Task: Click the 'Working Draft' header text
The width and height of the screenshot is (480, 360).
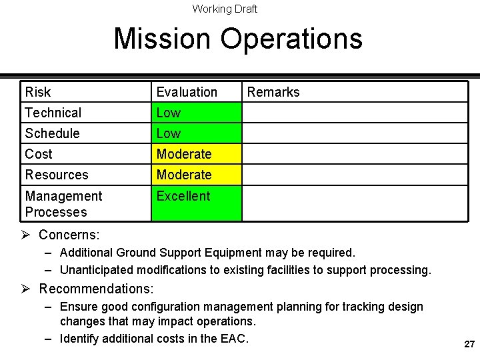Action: [x=225, y=9]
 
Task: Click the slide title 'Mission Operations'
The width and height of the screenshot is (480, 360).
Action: [x=238, y=38]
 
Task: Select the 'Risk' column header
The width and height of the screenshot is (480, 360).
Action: [x=38, y=92]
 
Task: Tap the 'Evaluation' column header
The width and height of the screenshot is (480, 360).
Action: [x=187, y=92]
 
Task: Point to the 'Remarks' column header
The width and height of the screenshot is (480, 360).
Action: [x=273, y=92]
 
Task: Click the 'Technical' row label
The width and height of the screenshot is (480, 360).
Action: [x=53, y=113]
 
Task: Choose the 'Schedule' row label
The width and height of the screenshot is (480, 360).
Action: [x=52, y=133]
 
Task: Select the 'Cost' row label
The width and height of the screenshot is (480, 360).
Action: [x=39, y=154]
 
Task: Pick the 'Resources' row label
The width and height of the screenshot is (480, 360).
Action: [x=57, y=175]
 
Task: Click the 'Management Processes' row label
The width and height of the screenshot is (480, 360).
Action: [x=63, y=204]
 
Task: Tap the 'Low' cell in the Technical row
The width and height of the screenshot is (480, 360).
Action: [x=169, y=113]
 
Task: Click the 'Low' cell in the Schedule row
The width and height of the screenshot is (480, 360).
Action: [x=169, y=133]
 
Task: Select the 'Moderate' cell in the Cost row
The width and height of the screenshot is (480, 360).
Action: [x=184, y=154]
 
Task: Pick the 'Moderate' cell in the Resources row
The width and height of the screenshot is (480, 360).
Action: [x=184, y=175]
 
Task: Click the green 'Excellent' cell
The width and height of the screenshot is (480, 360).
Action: [x=183, y=196]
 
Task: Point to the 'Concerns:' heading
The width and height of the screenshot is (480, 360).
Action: [x=69, y=235]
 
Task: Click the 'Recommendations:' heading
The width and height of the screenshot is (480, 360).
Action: [x=97, y=289]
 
